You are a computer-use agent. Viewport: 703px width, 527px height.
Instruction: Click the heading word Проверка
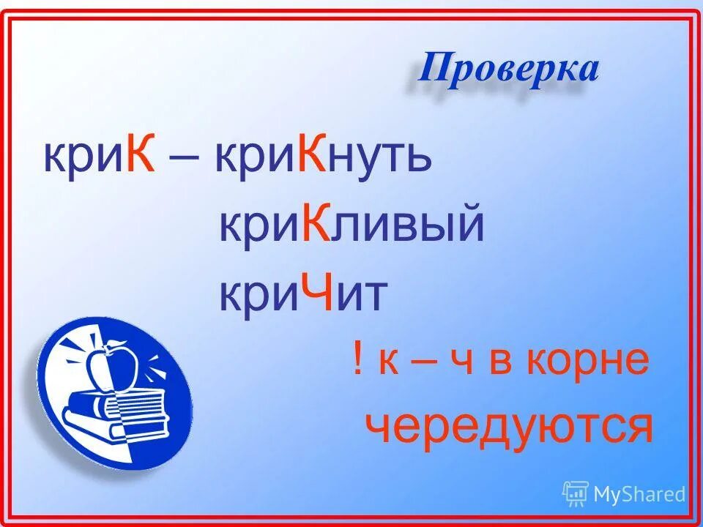tap(509, 70)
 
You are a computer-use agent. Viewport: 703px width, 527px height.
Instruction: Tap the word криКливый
tap(351, 225)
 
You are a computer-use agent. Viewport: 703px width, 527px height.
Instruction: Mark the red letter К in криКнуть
tap(313, 157)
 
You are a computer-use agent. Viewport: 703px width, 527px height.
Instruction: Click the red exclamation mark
tap(357, 360)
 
